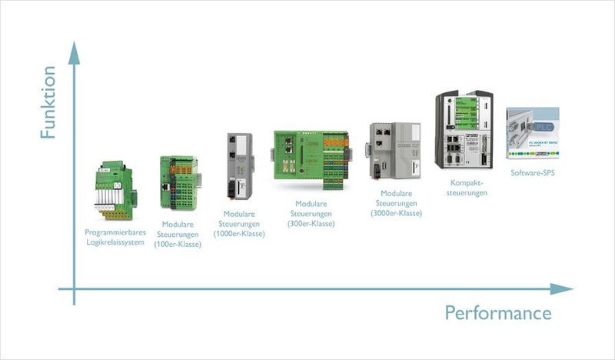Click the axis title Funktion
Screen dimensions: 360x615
pyautogui.click(x=48, y=102)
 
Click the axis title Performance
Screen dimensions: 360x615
pyautogui.click(x=498, y=312)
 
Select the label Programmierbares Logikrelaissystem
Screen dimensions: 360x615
pyautogui.click(x=115, y=237)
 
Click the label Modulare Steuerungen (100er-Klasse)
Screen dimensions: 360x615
pyautogui.click(x=178, y=234)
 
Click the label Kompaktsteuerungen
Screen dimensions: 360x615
pyautogui.click(x=467, y=188)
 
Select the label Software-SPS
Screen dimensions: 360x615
pyautogui.click(x=533, y=173)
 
